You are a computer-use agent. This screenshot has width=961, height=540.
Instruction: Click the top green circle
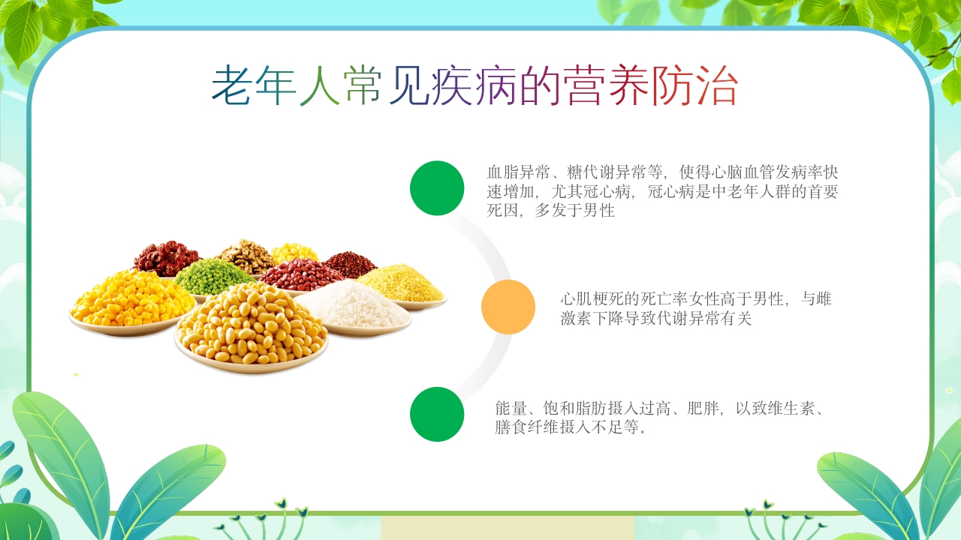(x=437, y=188)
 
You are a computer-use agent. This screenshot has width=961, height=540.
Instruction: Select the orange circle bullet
(x=508, y=307)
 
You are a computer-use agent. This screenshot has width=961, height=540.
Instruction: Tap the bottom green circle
(x=437, y=414)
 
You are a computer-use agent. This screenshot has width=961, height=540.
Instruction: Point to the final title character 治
(x=716, y=85)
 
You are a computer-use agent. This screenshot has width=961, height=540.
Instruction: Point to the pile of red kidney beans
(x=300, y=274)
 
